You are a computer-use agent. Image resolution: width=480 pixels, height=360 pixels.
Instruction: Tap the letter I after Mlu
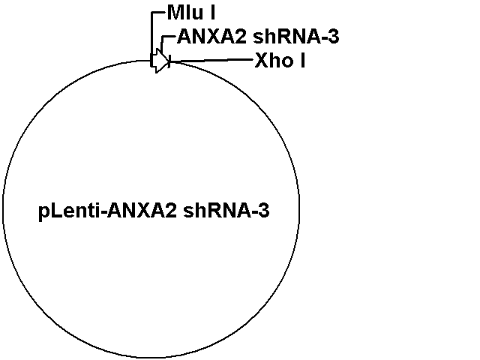pos(212,13)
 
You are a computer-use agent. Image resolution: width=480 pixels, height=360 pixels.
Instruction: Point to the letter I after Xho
pos(302,60)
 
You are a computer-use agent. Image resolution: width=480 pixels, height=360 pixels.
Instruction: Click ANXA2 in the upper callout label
pos(211,37)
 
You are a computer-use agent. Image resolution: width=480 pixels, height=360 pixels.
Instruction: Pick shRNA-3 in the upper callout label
pos(296,37)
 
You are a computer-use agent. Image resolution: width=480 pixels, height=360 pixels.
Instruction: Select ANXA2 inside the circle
pos(142,211)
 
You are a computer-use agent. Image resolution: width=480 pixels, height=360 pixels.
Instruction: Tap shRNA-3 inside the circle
pos(226,211)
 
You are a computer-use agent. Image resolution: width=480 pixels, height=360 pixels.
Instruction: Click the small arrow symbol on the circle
pos(160,61)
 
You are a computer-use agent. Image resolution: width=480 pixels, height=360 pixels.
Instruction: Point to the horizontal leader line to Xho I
pos(211,60)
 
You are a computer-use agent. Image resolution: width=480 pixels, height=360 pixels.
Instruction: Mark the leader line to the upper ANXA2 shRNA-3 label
pos(163,43)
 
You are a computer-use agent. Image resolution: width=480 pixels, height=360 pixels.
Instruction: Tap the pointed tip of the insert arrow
pos(169,61)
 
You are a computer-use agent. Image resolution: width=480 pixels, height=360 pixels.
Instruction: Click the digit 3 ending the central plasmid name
pos(265,211)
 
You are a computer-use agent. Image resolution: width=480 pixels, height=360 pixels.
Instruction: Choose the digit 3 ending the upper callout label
pos(334,37)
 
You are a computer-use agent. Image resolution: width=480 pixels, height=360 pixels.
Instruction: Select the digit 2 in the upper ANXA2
pos(241,37)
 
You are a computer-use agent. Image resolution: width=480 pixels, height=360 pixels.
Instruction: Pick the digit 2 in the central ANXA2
pos(172,211)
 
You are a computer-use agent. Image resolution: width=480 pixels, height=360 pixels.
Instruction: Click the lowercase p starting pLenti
pos(43,213)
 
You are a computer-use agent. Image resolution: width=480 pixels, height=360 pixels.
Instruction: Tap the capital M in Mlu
pos(175,13)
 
